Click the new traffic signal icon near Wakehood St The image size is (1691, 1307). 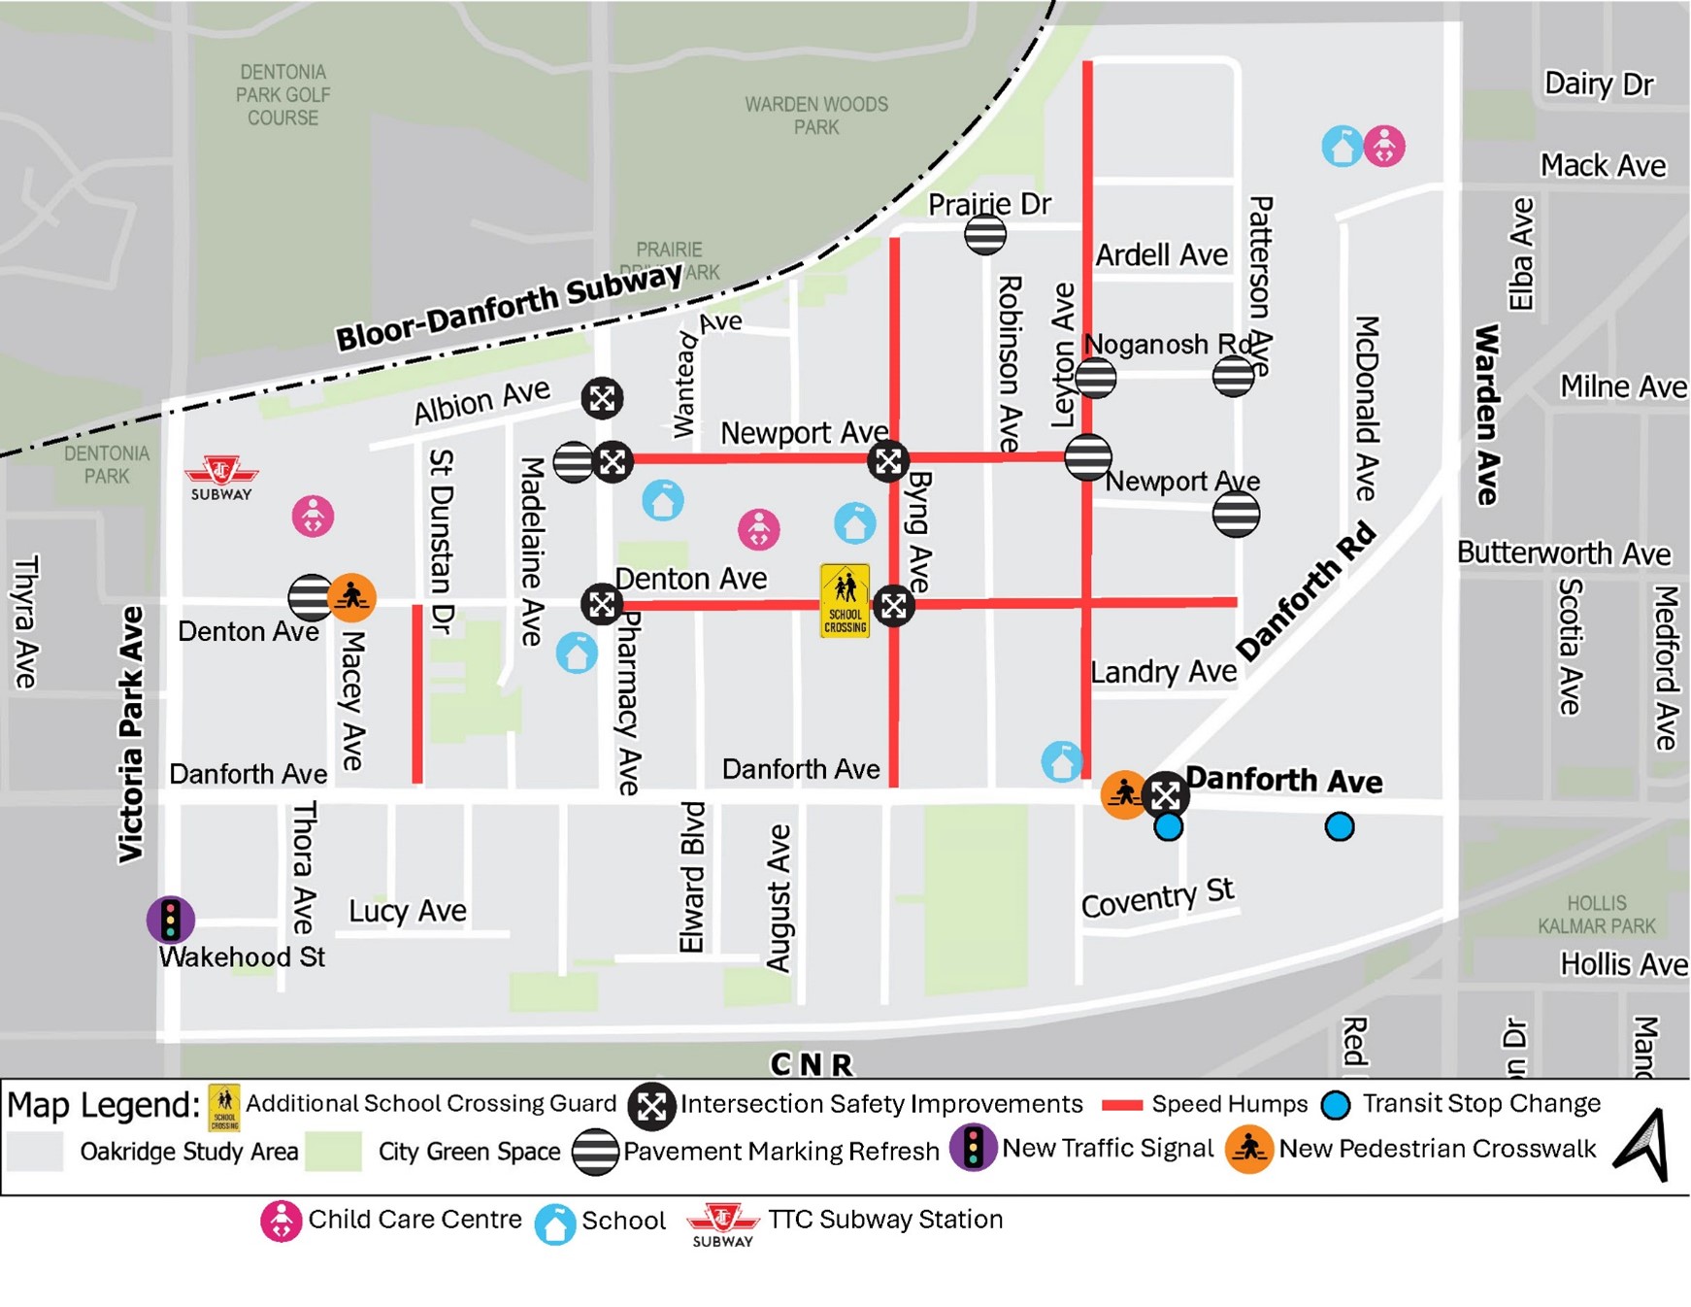[171, 919]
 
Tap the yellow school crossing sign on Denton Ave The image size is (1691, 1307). [845, 601]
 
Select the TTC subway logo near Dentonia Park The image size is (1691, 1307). [221, 477]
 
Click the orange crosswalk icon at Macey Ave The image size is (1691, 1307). [351, 597]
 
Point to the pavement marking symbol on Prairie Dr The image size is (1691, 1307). [985, 234]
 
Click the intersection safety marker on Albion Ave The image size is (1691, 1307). [602, 397]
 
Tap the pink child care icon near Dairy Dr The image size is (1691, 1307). [1384, 147]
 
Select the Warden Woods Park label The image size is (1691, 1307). [816, 116]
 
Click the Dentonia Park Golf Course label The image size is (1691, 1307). [282, 95]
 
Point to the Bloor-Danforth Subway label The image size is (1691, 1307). [509, 306]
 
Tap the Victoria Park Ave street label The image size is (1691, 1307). [131, 734]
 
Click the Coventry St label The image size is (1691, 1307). [1157, 898]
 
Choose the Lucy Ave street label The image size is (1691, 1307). [408, 911]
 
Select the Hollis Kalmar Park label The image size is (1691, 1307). [1597, 915]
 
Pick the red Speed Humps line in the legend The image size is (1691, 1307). [1122, 1105]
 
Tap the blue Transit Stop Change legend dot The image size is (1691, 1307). [1336, 1105]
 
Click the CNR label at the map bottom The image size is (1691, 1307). [812, 1065]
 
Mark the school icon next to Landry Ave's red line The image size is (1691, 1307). [1062, 761]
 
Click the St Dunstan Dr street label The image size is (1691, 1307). [442, 542]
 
